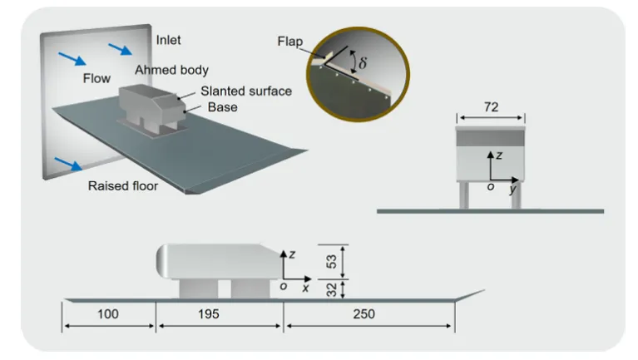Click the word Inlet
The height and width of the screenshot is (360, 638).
coord(169,40)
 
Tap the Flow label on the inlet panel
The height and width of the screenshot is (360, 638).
coord(96,78)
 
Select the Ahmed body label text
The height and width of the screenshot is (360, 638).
coord(171,70)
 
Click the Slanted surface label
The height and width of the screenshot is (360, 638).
coord(246,91)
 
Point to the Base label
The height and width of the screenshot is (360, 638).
coord(223,107)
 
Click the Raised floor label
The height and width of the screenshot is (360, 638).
coord(123,186)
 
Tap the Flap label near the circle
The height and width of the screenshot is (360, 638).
coord(290,41)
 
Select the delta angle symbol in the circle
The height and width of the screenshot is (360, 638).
coord(362,62)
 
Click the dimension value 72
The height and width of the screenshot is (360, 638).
coord(491,107)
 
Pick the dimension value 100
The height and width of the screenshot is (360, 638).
coord(108,314)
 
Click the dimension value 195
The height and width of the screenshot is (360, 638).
coord(208,314)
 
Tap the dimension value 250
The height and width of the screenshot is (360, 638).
coord(364,314)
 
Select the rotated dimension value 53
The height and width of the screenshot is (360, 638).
coord(332,262)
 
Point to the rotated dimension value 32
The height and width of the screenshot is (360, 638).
coord(332,290)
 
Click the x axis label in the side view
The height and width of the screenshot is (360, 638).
coord(305,288)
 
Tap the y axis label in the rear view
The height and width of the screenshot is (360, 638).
coord(512,189)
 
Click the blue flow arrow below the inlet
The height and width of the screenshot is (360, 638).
coord(68,164)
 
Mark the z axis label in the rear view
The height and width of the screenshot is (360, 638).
coord(499,155)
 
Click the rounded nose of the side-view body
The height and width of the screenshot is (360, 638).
coord(162,261)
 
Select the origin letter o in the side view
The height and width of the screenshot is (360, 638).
coord(284,286)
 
